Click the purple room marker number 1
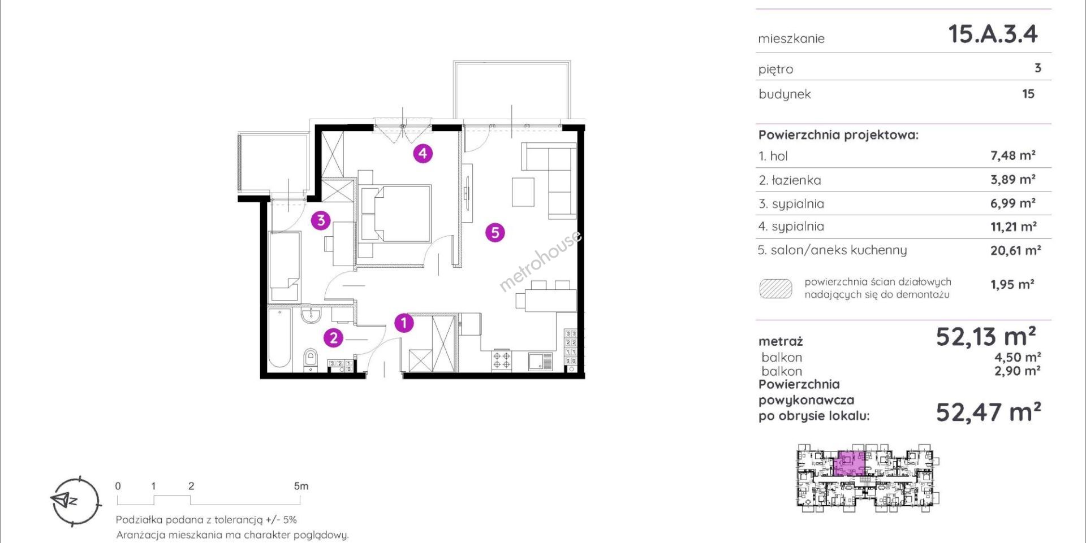coord(404,323)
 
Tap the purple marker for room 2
coord(333,338)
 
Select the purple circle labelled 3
coord(321,220)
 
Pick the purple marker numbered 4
coord(423,153)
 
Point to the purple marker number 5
coord(495,232)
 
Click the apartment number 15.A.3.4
coord(993,34)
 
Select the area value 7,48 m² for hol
coord(1012,155)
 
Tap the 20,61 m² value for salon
coord(1015,250)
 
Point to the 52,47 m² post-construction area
coord(988,412)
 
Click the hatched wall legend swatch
coord(775,288)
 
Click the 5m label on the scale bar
coord(301,486)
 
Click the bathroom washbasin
coord(311,315)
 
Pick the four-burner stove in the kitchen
coord(502,360)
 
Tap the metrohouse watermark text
coord(540,260)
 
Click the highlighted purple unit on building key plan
coord(850,464)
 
